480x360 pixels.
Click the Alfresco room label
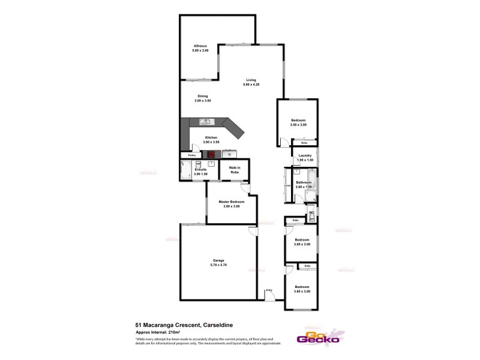click(200, 46)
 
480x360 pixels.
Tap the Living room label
click(251, 80)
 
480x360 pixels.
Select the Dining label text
click(203, 96)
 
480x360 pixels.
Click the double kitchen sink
click(205, 122)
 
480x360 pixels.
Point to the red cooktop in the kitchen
click(211, 153)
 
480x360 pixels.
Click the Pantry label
click(191, 155)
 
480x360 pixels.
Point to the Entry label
click(269, 290)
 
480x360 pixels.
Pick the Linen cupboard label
click(287, 185)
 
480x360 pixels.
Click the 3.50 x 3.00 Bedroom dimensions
click(298, 125)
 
